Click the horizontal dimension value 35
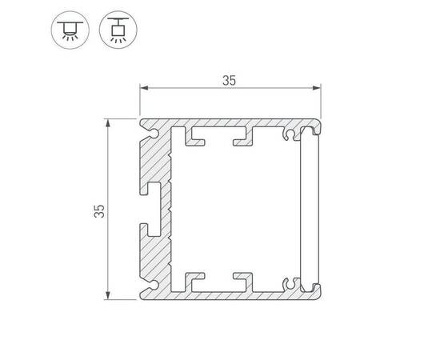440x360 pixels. tap(230, 80)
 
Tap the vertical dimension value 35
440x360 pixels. tap(98, 211)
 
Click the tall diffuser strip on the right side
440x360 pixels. tap(310, 210)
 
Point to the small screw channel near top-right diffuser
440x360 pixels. tap(290, 136)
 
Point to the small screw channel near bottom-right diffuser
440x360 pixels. tap(290, 282)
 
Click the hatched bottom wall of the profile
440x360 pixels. tap(232, 294)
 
